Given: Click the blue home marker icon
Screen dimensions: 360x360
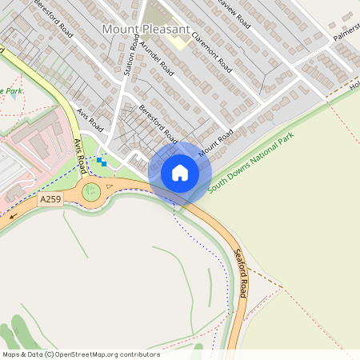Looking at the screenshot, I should point(179,172).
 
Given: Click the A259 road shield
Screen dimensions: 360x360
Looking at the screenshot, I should point(50,199).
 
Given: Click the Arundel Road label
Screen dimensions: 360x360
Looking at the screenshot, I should point(157,59).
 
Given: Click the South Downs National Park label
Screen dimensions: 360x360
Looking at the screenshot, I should point(250,163).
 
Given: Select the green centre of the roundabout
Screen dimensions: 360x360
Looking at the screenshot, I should point(91,190).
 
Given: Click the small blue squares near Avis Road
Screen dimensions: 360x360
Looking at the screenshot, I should point(101,162).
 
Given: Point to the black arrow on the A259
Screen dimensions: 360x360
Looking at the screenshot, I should point(13,215).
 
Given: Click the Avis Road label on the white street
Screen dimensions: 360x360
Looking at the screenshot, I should point(91,120).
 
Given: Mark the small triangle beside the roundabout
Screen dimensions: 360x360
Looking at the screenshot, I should point(110,186).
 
